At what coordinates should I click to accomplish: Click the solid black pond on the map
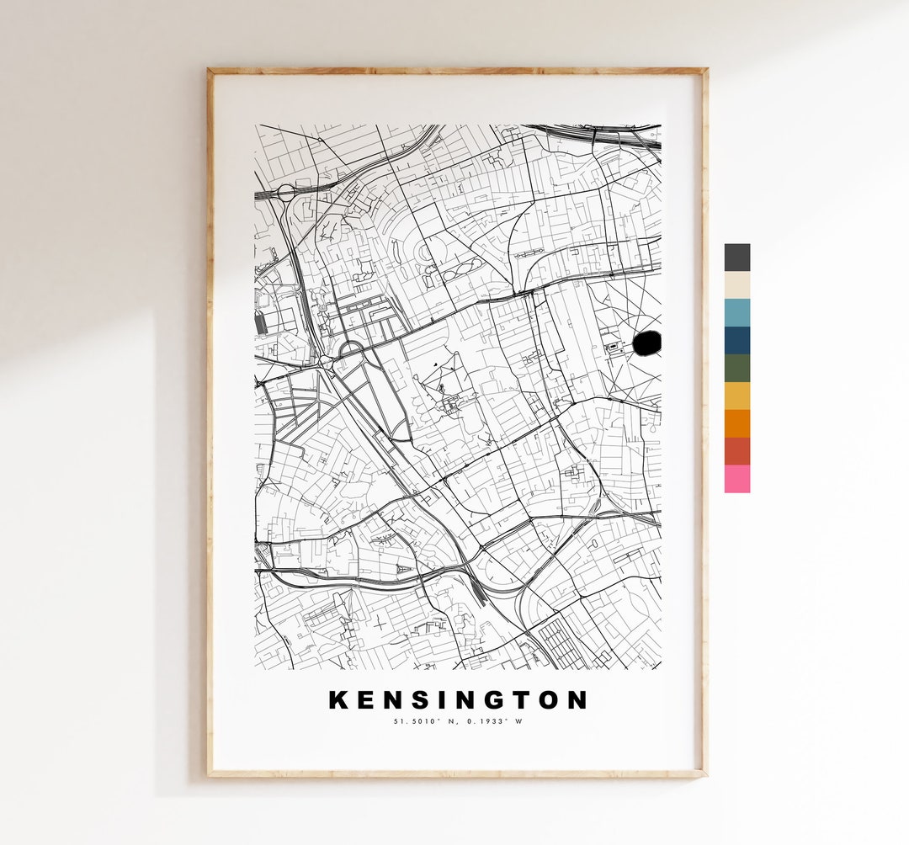point(646,343)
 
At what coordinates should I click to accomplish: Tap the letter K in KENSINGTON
point(338,699)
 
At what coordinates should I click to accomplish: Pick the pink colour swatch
point(736,479)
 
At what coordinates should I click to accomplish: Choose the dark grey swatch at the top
point(736,257)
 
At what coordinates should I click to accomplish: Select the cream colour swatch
point(736,284)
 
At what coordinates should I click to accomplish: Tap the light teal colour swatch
point(736,312)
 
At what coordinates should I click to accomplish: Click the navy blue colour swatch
point(736,340)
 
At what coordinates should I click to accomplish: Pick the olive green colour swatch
point(736,368)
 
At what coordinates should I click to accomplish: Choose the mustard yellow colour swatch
point(736,396)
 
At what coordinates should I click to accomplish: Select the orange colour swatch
point(736,423)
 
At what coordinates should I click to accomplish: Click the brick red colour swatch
point(736,451)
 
